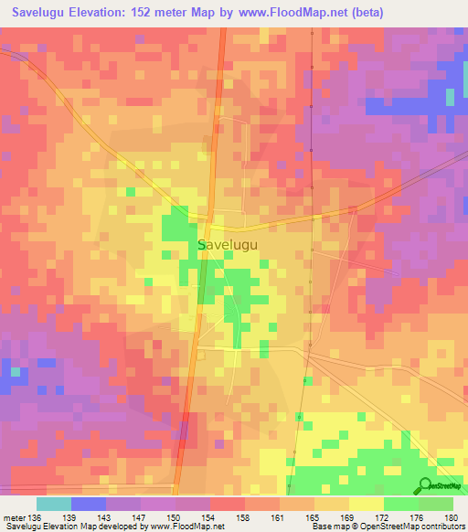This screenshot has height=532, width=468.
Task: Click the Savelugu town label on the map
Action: (228, 246)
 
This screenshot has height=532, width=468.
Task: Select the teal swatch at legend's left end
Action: (54, 504)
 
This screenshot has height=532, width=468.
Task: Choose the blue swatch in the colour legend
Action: (89, 504)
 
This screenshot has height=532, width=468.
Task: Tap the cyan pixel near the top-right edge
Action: (449, 96)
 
